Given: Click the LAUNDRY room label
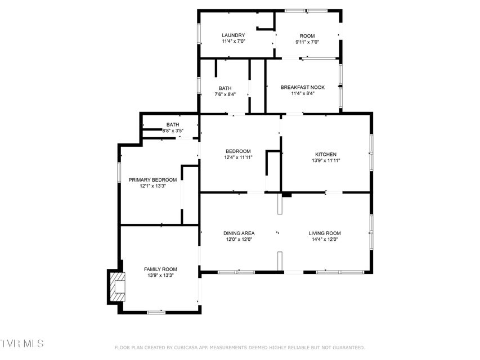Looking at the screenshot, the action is [x=234, y=35].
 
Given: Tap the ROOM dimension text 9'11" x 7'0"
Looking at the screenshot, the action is [x=307, y=42].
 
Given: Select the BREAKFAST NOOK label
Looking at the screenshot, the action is [x=302, y=87].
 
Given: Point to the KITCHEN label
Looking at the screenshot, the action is [x=326, y=154].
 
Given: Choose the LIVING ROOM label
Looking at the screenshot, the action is [x=325, y=233].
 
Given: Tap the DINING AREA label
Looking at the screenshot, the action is [x=239, y=233].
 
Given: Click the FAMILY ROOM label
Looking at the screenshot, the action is [x=160, y=269].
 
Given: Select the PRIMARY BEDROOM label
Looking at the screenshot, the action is [x=152, y=179].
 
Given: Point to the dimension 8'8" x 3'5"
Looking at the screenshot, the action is [x=173, y=130].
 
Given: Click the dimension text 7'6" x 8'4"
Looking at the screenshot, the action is [x=225, y=94].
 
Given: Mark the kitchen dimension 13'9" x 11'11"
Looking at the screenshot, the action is [x=326, y=160].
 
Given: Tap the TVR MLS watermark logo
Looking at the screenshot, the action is [x=22, y=343].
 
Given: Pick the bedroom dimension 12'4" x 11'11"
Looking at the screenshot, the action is [x=238, y=157].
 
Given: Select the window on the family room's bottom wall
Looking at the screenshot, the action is [x=156, y=312].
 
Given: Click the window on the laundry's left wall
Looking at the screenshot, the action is [x=199, y=33].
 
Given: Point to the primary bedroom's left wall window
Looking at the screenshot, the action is [x=119, y=172].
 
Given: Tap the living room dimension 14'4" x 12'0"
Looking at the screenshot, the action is [x=325, y=240].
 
